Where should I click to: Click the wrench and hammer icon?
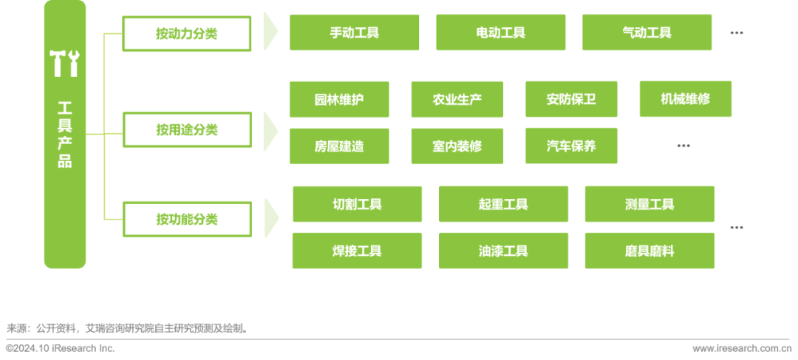(64, 64)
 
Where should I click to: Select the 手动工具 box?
(354, 33)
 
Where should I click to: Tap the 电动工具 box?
(500, 33)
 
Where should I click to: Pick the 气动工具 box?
(647, 33)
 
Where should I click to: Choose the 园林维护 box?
(339, 99)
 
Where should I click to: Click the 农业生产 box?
(457, 99)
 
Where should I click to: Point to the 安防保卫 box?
(571, 99)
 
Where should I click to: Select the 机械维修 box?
(685, 98)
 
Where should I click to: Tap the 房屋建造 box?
(339, 146)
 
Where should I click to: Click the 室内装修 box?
(457, 146)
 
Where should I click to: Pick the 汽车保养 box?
(571, 146)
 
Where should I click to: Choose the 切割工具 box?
(357, 204)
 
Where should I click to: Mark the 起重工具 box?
(503, 204)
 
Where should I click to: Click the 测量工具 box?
(649, 204)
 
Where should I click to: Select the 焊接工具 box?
(357, 251)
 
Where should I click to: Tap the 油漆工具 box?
(503, 251)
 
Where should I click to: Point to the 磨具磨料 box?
(649, 251)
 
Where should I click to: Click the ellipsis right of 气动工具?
(736, 33)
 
